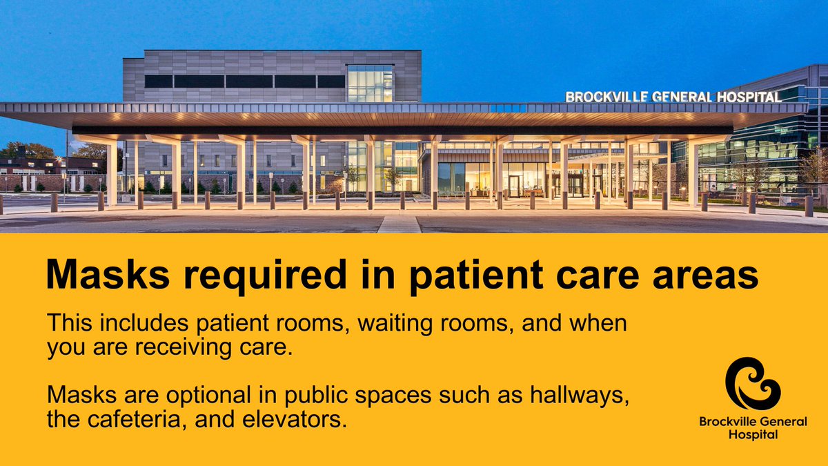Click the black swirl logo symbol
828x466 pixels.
752,383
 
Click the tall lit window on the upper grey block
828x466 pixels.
370,84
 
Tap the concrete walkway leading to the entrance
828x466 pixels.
399,224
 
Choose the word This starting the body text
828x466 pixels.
67,323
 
